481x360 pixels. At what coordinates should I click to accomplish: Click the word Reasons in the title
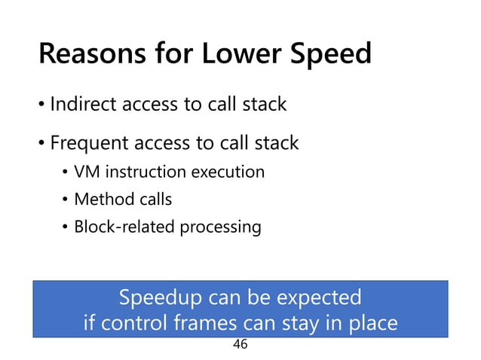pos(92,55)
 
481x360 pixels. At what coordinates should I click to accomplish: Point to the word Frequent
pos(90,142)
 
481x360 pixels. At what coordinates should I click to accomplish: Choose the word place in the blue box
pos(369,325)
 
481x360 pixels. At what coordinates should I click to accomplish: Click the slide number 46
pos(240,345)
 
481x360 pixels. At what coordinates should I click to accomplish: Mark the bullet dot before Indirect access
pos(42,105)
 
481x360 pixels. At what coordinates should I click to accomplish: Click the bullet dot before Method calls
pos(66,200)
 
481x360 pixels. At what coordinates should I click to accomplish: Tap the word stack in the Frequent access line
pos(276,142)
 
